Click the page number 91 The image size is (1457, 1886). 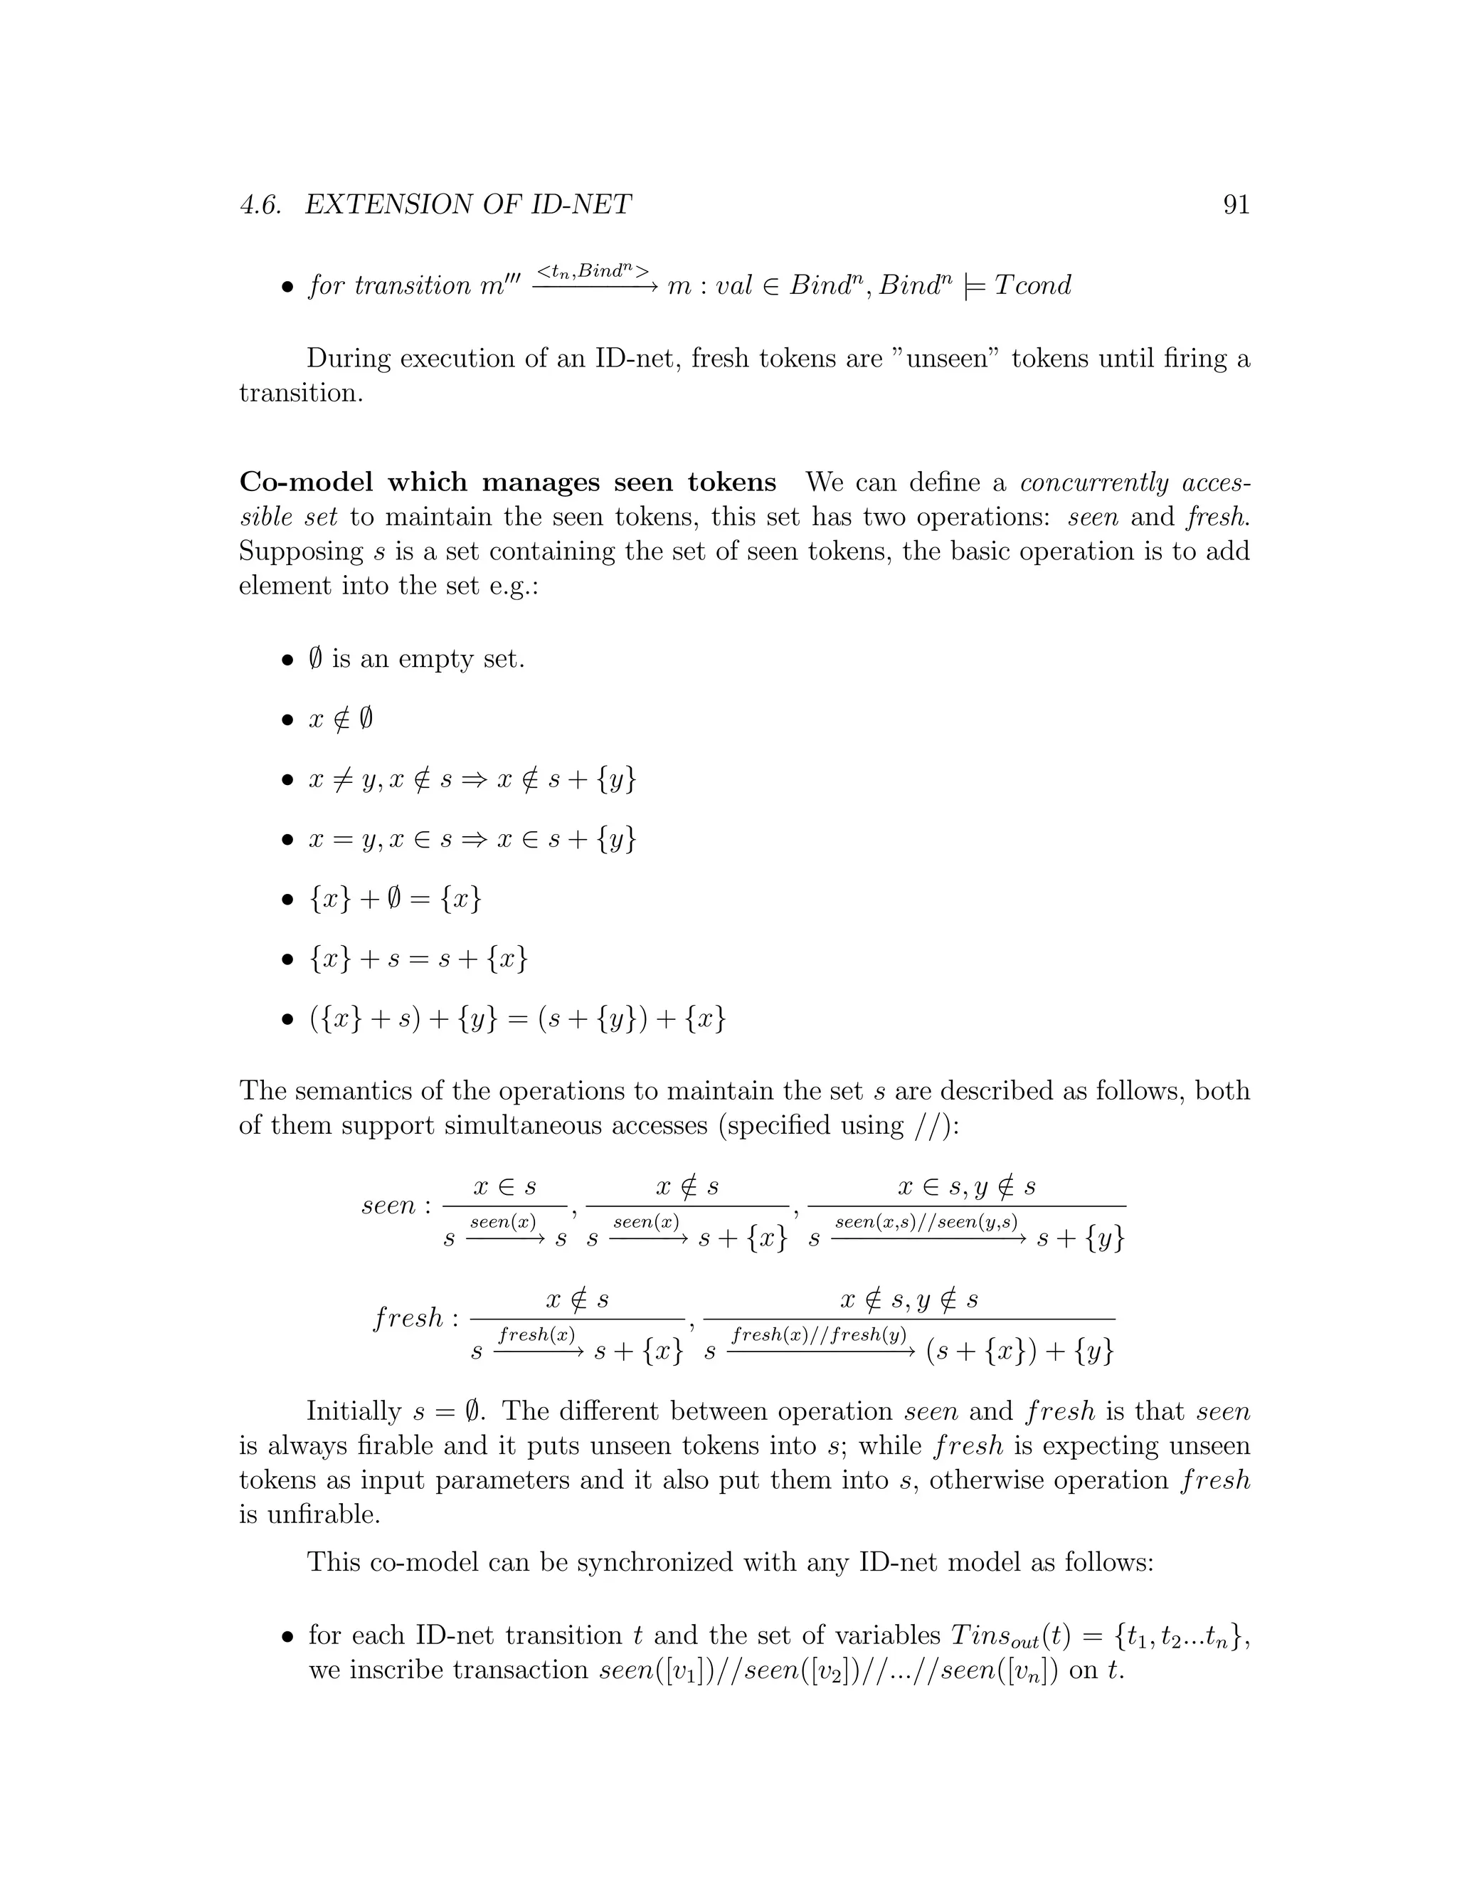pyautogui.click(x=1236, y=205)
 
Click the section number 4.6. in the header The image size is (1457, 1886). pyautogui.click(x=260, y=205)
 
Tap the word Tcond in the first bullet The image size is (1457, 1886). pyautogui.click(x=1032, y=285)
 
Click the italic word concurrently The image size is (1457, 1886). pyautogui.click(x=1089, y=482)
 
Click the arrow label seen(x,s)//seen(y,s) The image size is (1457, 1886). pyautogui.click(x=926, y=1222)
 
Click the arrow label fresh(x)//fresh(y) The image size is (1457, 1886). pyautogui.click(x=818, y=1334)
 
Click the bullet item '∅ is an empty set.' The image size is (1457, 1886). pyautogui.click(x=416, y=659)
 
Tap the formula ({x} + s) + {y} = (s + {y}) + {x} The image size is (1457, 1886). pyautogui.click(x=517, y=1019)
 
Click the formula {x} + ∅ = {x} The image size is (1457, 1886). pyautogui.click(x=394, y=899)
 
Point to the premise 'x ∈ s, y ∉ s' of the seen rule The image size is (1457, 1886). pyautogui.click(x=967, y=1187)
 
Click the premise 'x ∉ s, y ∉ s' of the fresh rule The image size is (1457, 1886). pyautogui.click(x=909, y=1300)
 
